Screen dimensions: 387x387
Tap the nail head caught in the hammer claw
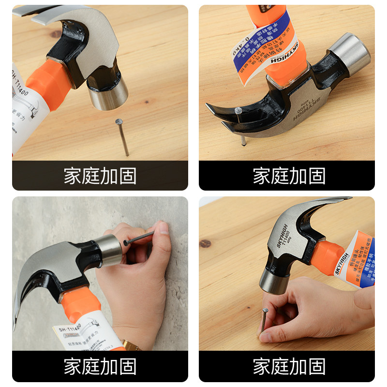pos(238,111)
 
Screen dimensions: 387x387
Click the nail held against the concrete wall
pos(140,238)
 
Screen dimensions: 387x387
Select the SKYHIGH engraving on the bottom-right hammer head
pos(283,236)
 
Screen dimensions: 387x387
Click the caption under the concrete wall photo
pos(100,366)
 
